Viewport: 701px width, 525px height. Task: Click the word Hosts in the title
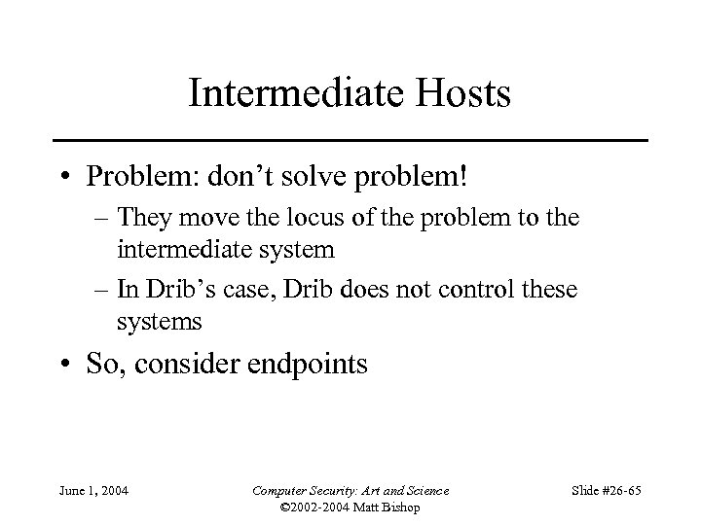click(462, 93)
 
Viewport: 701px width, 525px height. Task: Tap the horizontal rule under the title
click(350, 141)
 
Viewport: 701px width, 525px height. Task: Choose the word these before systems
click(548, 291)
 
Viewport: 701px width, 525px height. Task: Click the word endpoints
click(309, 365)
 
